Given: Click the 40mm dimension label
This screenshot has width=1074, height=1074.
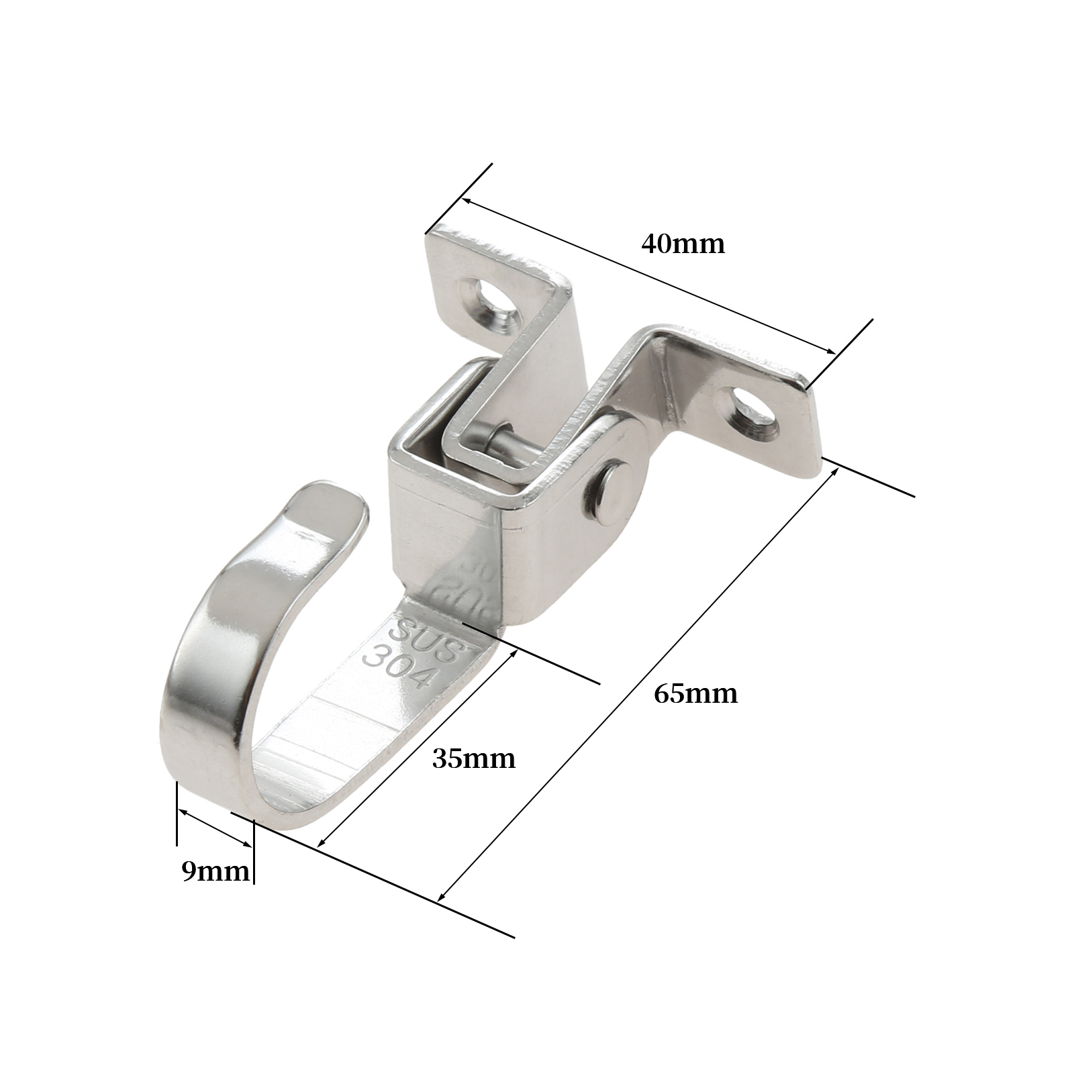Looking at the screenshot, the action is [x=683, y=243].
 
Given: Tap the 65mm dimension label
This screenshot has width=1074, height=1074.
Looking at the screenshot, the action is [x=696, y=693].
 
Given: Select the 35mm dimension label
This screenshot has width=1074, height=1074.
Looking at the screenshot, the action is [x=474, y=759].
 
